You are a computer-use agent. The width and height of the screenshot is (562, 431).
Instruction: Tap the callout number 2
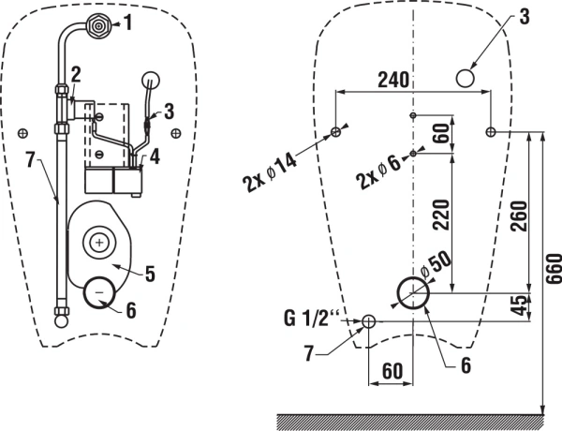75,72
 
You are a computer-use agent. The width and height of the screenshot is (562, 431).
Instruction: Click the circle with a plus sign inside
99,242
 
